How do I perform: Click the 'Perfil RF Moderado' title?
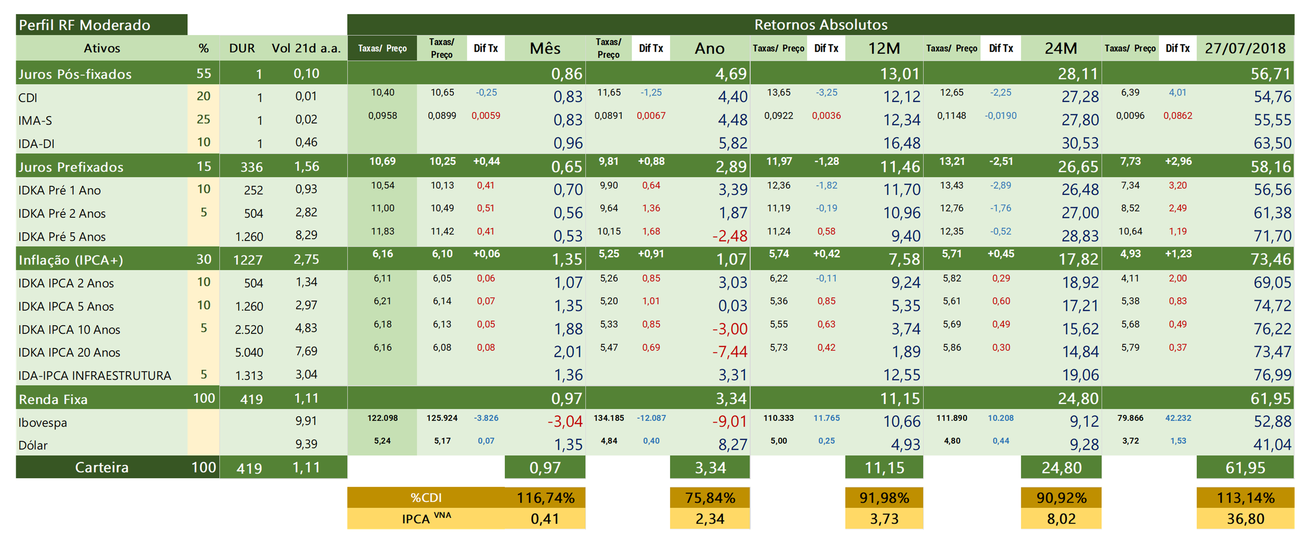(x=84, y=25)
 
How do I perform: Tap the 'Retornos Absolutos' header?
(x=820, y=24)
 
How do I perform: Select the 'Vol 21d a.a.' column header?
(x=306, y=48)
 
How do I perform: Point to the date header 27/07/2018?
(x=1245, y=48)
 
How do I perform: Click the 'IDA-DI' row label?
(x=36, y=143)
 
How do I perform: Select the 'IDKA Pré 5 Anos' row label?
(x=62, y=237)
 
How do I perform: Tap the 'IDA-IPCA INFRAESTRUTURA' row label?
(x=95, y=376)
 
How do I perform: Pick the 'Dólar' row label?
(x=33, y=445)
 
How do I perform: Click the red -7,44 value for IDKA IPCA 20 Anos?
(x=730, y=351)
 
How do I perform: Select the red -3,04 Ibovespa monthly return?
(x=565, y=421)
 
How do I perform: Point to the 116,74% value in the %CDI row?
(x=545, y=497)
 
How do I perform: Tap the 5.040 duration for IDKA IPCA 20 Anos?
(x=249, y=352)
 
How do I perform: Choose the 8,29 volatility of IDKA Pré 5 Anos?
(x=306, y=235)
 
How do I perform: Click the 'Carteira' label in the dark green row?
(x=102, y=468)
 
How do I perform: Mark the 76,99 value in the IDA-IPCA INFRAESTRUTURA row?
(x=1272, y=375)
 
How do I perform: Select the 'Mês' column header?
(x=545, y=48)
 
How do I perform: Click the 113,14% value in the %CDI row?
(x=1245, y=497)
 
